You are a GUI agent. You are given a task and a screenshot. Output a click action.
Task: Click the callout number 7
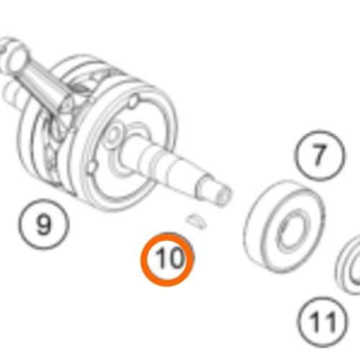pyautogui.click(x=320, y=156)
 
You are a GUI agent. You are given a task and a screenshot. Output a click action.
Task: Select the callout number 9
pyautogui.click(x=44, y=225)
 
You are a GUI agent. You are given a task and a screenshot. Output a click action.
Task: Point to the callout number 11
pyautogui.click(x=323, y=322)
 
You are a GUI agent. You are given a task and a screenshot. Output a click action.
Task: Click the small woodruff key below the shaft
pyautogui.click(x=197, y=221)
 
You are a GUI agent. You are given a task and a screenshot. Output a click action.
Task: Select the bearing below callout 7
pyautogui.click(x=284, y=225)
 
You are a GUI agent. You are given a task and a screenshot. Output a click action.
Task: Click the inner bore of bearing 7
pyautogui.click(x=291, y=230)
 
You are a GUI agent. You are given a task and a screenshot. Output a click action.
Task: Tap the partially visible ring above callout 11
pyautogui.click(x=348, y=264)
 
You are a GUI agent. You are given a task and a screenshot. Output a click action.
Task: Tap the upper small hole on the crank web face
pyautogui.click(x=133, y=101)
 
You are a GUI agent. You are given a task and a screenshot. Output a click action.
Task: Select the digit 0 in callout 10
pyautogui.click(x=176, y=258)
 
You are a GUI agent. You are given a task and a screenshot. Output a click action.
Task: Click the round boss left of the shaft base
pyautogui.click(x=112, y=135)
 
